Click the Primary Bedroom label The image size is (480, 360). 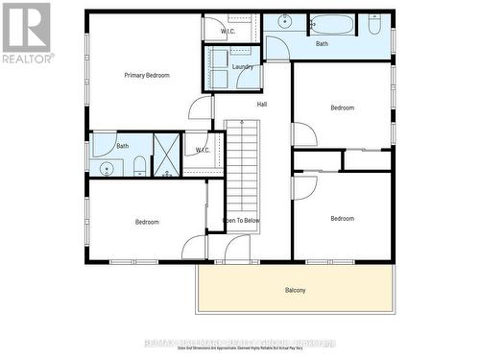[146, 75]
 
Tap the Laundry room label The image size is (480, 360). [243, 67]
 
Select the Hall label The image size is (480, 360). [261, 104]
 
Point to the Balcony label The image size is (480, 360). [295, 290]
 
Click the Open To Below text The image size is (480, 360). [241, 221]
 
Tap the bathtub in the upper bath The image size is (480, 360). [332, 24]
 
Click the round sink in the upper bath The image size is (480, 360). [285, 21]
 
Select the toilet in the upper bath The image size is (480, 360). [373, 24]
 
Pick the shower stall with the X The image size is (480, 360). [167, 154]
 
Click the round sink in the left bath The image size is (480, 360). [107, 169]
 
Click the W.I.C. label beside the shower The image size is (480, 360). [203, 150]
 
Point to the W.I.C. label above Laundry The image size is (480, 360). [228, 32]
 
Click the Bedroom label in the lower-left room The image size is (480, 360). [147, 222]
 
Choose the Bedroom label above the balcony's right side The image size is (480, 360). [343, 218]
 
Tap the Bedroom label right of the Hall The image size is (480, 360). [343, 108]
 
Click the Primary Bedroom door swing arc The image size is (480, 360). [200, 108]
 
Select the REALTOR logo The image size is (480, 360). [26, 34]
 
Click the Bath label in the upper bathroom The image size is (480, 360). [322, 43]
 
